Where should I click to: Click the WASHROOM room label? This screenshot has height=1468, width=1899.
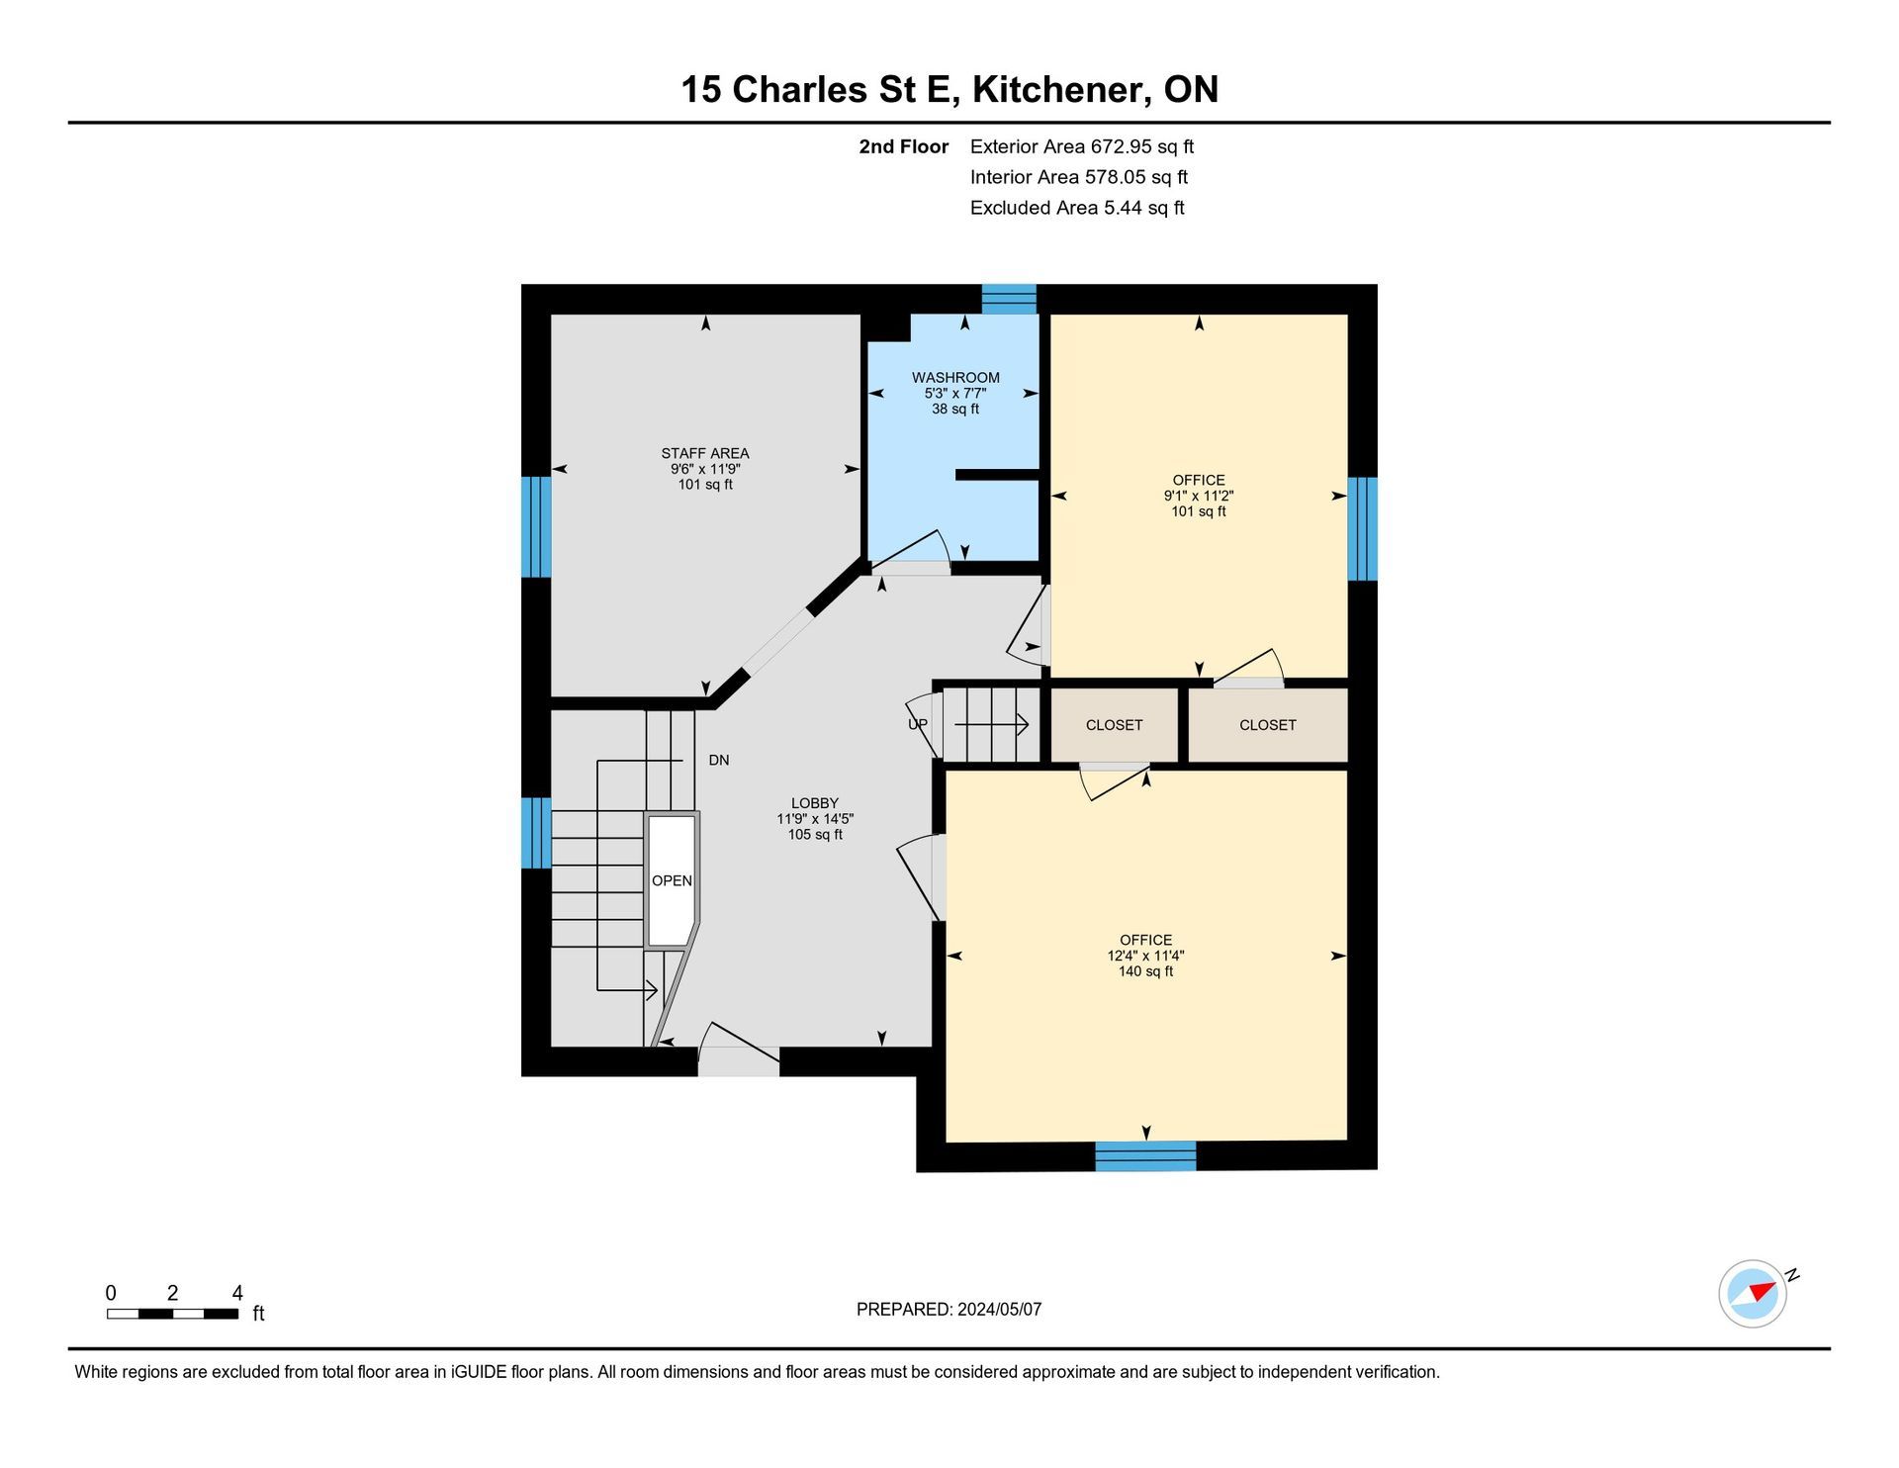click(x=955, y=377)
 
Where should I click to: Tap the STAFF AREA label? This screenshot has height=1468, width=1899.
click(x=705, y=453)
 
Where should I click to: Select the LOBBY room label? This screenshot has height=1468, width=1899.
click(x=815, y=803)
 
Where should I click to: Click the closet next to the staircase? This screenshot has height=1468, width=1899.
click(x=1114, y=725)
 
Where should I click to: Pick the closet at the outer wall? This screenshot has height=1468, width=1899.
click(x=1268, y=725)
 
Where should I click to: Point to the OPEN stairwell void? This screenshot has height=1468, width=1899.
click(x=672, y=880)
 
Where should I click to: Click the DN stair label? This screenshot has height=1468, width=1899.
click(x=719, y=760)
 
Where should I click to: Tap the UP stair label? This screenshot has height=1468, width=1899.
click(x=918, y=724)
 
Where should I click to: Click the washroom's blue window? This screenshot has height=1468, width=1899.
click(x=1009, y=299)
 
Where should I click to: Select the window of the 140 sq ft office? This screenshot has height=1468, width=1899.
click(x=1145, y=1156)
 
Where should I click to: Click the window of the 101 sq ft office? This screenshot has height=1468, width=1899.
click(x=1362, y=529)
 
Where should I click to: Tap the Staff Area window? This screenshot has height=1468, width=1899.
click(x=536, y=527)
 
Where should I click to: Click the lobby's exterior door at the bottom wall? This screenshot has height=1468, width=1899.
click(x=739, y=1050)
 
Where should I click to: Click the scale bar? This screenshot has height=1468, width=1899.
click(x=173, y=1314)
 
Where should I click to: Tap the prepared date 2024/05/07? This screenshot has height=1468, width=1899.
click(x=999, y=1310)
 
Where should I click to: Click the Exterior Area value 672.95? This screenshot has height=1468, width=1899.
click(x=1121, y=146)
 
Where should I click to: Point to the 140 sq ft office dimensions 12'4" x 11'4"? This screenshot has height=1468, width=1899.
click(x=1145, y=956)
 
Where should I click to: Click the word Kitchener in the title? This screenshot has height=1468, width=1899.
click(x=1060, y=90)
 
